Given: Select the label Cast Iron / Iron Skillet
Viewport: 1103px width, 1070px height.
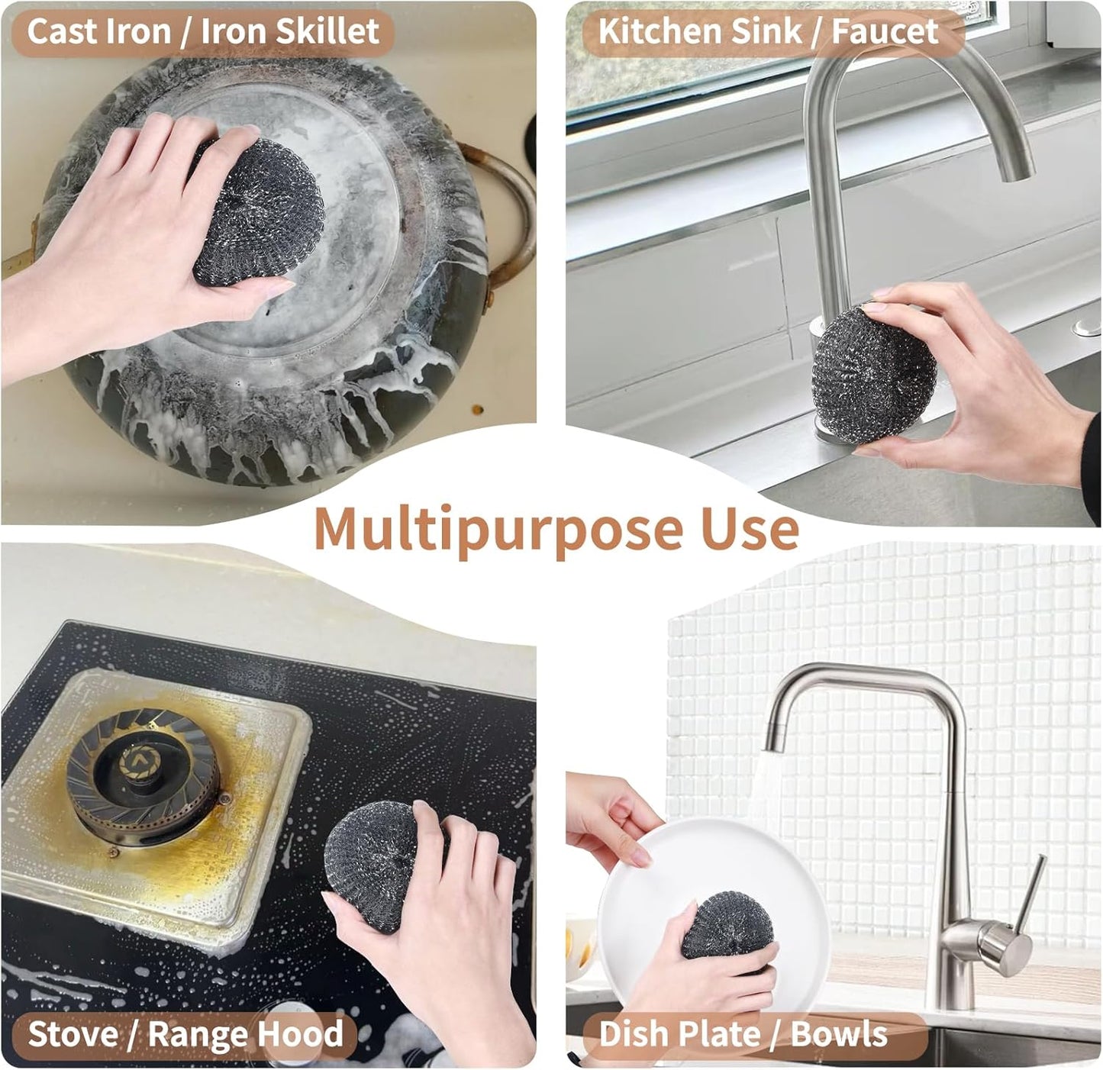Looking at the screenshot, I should point(203,32).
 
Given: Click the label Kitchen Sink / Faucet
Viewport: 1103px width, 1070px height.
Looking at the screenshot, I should point(768,32).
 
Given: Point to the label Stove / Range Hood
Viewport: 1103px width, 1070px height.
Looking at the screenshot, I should point(185,1034).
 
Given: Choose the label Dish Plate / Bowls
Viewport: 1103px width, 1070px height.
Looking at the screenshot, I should point(743,1035).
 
